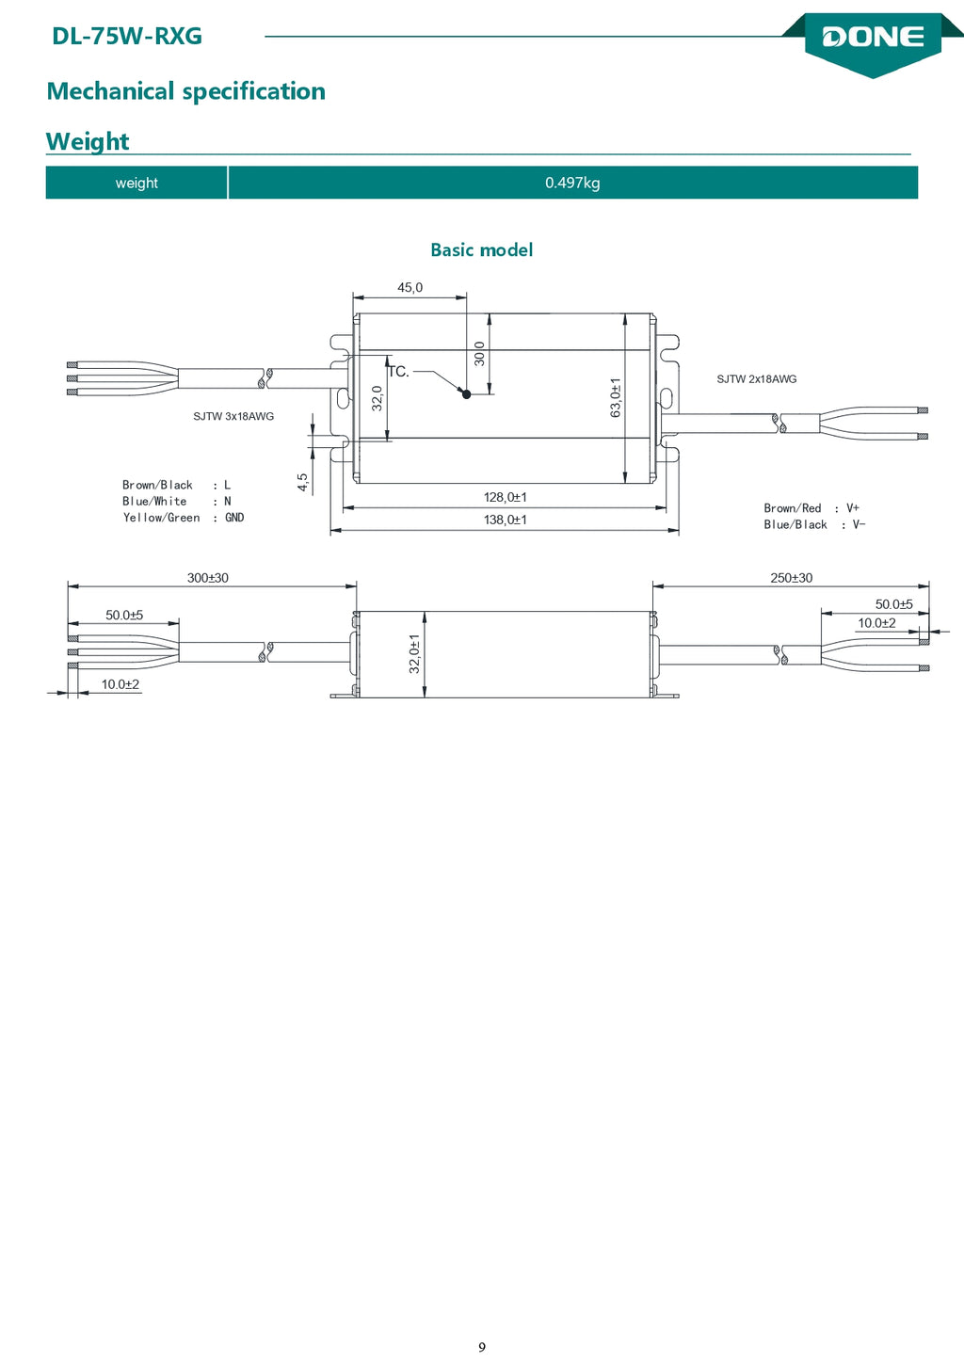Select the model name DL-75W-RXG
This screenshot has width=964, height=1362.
coord(127,37)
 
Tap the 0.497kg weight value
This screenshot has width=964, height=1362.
coord(572,183)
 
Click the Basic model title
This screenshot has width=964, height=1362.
coord(482,249)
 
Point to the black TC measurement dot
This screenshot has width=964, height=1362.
coord(467,394)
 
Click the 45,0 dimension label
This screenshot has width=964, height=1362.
coord(410,287)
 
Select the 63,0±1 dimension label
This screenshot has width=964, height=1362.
coord(616,397)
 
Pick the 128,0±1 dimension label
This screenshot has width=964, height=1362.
coord(506,497)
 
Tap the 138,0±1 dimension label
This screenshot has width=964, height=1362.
coord(506,520)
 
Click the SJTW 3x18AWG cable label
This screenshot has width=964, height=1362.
coord(233,416)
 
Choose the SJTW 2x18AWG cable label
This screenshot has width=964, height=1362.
coord(757,379)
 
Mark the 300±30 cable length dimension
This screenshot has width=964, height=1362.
coord(208,578)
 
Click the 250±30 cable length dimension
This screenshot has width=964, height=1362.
coord(792,578)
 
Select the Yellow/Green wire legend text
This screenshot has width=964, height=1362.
coord(162,518)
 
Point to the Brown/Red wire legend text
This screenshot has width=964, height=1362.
coord(793,508)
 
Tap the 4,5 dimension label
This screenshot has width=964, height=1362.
coord(303,483)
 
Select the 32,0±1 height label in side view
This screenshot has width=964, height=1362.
coord(414,653)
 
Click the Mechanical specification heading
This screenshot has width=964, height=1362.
coord(186,91)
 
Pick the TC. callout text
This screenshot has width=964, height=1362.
coord(399,372)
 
